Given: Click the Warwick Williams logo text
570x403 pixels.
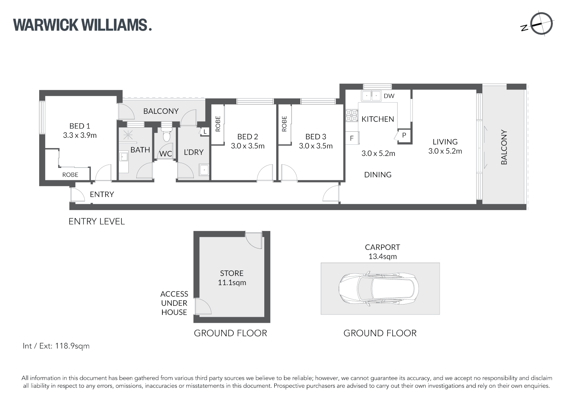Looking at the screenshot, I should pos(82,25).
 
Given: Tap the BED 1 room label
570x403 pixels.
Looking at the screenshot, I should pos(80,126).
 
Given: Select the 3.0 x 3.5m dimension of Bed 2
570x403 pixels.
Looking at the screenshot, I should pos(247,146).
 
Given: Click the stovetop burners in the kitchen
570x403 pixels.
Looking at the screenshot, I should pos(351,116).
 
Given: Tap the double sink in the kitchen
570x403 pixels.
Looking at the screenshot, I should pos(371,96).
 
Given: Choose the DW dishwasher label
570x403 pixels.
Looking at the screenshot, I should pos(389,96).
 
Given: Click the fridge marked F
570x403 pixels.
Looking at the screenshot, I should pos(352,138).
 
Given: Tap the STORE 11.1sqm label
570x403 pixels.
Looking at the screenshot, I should pos(232,278).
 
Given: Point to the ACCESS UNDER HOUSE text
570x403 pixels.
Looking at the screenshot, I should pos(174,303).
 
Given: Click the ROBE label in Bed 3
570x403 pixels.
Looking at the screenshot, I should pos(284,124).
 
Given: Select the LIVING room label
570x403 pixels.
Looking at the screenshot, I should pos(445,142).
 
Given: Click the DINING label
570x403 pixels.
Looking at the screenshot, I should pos(378,175).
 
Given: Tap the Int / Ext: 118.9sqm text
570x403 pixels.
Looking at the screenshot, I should pos(56,346).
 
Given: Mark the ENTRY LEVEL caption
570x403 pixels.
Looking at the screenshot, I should pos(97,221).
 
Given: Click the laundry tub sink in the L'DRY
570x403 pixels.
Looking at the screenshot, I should pos(204,170).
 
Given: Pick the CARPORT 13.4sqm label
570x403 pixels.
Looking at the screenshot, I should pos(382,252).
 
